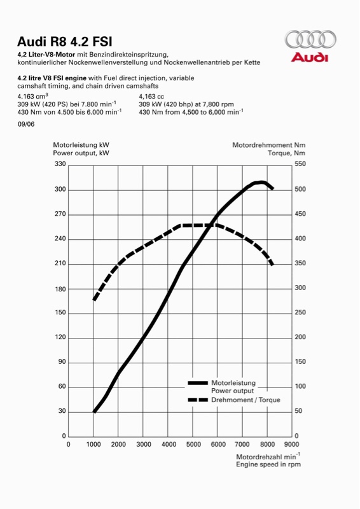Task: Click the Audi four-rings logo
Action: (x=310, y=39)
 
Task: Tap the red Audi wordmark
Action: (x=309, y=57)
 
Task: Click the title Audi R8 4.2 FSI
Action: (x=65, y=42)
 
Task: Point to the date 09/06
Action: (x=26, y=124)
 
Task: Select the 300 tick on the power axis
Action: (x=60, y=189)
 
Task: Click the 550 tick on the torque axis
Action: (x=300, y=164)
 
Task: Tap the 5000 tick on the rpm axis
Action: (x=193, y=444)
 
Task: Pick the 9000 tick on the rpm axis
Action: (x=291, y=444)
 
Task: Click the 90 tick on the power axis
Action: (x=62, y=361)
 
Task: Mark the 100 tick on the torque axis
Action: (x=300, y=386)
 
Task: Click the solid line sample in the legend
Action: (x=198, y=383)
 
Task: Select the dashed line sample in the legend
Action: (x=198, y=400)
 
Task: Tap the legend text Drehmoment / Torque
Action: (x=246, y=400)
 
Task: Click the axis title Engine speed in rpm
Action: (x=268, y=464)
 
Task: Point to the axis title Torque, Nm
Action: (x=287, y=153)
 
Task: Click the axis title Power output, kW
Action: (x=81, y=153)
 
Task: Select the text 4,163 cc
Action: (x=151, y=97)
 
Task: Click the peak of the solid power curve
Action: (x=261, y=182)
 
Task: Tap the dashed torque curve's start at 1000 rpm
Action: (x=93, y=300)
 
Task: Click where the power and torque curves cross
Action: (x=212, y=225)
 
